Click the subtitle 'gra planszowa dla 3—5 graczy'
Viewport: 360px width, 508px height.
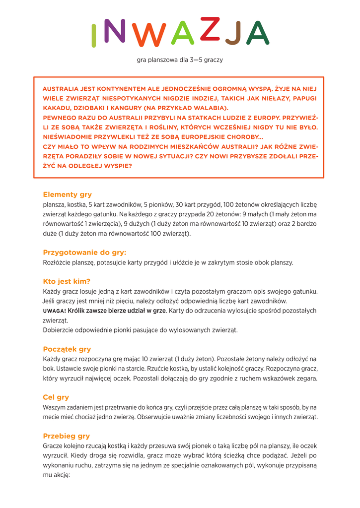tap(180, 60)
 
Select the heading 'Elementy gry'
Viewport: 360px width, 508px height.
tap(67, 194)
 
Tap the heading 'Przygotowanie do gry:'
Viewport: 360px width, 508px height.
tap(84, 253)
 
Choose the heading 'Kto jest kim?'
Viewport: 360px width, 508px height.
tap(67, 281)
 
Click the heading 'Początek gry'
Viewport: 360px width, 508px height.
tap(67, 349)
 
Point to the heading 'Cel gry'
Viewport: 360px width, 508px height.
tap(56, 397)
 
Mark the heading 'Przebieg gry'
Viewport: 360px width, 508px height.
tap(66, 436)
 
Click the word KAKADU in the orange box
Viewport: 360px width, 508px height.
tap(56, 108)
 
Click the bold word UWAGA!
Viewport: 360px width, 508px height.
tap(54, 311)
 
